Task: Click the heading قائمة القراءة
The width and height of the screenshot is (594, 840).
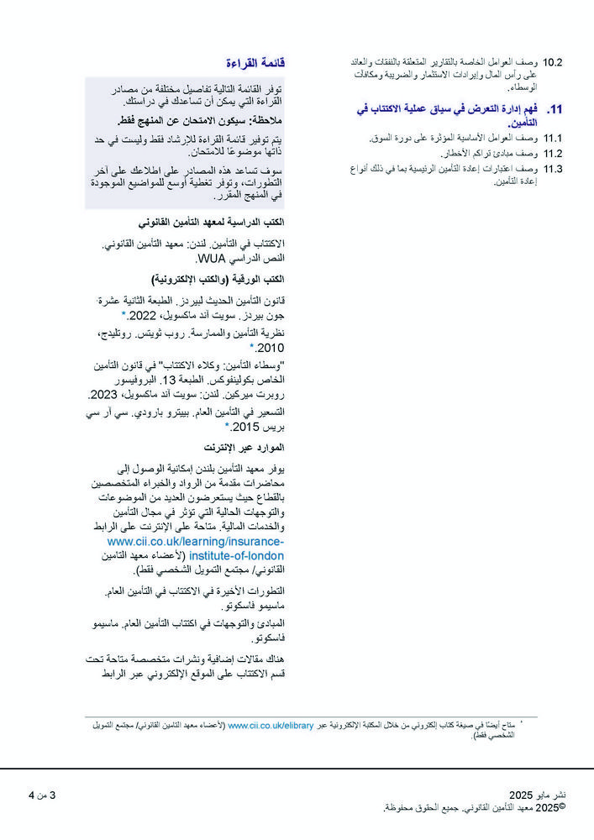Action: tap(255, 63)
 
